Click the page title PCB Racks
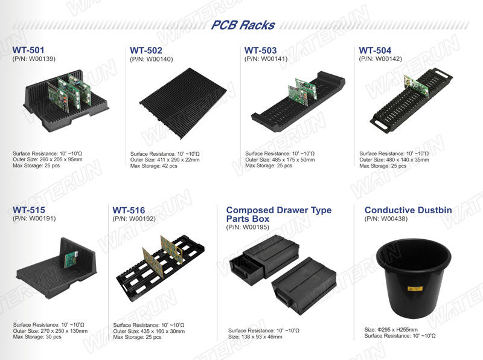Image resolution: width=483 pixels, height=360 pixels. coord(243,25)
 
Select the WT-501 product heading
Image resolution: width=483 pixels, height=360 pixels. coord(28,50)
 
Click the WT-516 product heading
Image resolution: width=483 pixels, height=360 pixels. coord(129,210)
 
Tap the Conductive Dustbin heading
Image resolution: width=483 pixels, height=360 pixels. coord(408,210)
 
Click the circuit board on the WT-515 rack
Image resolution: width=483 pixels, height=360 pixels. coord(71,260)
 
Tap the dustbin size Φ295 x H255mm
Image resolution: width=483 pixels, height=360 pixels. coord(391,329)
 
